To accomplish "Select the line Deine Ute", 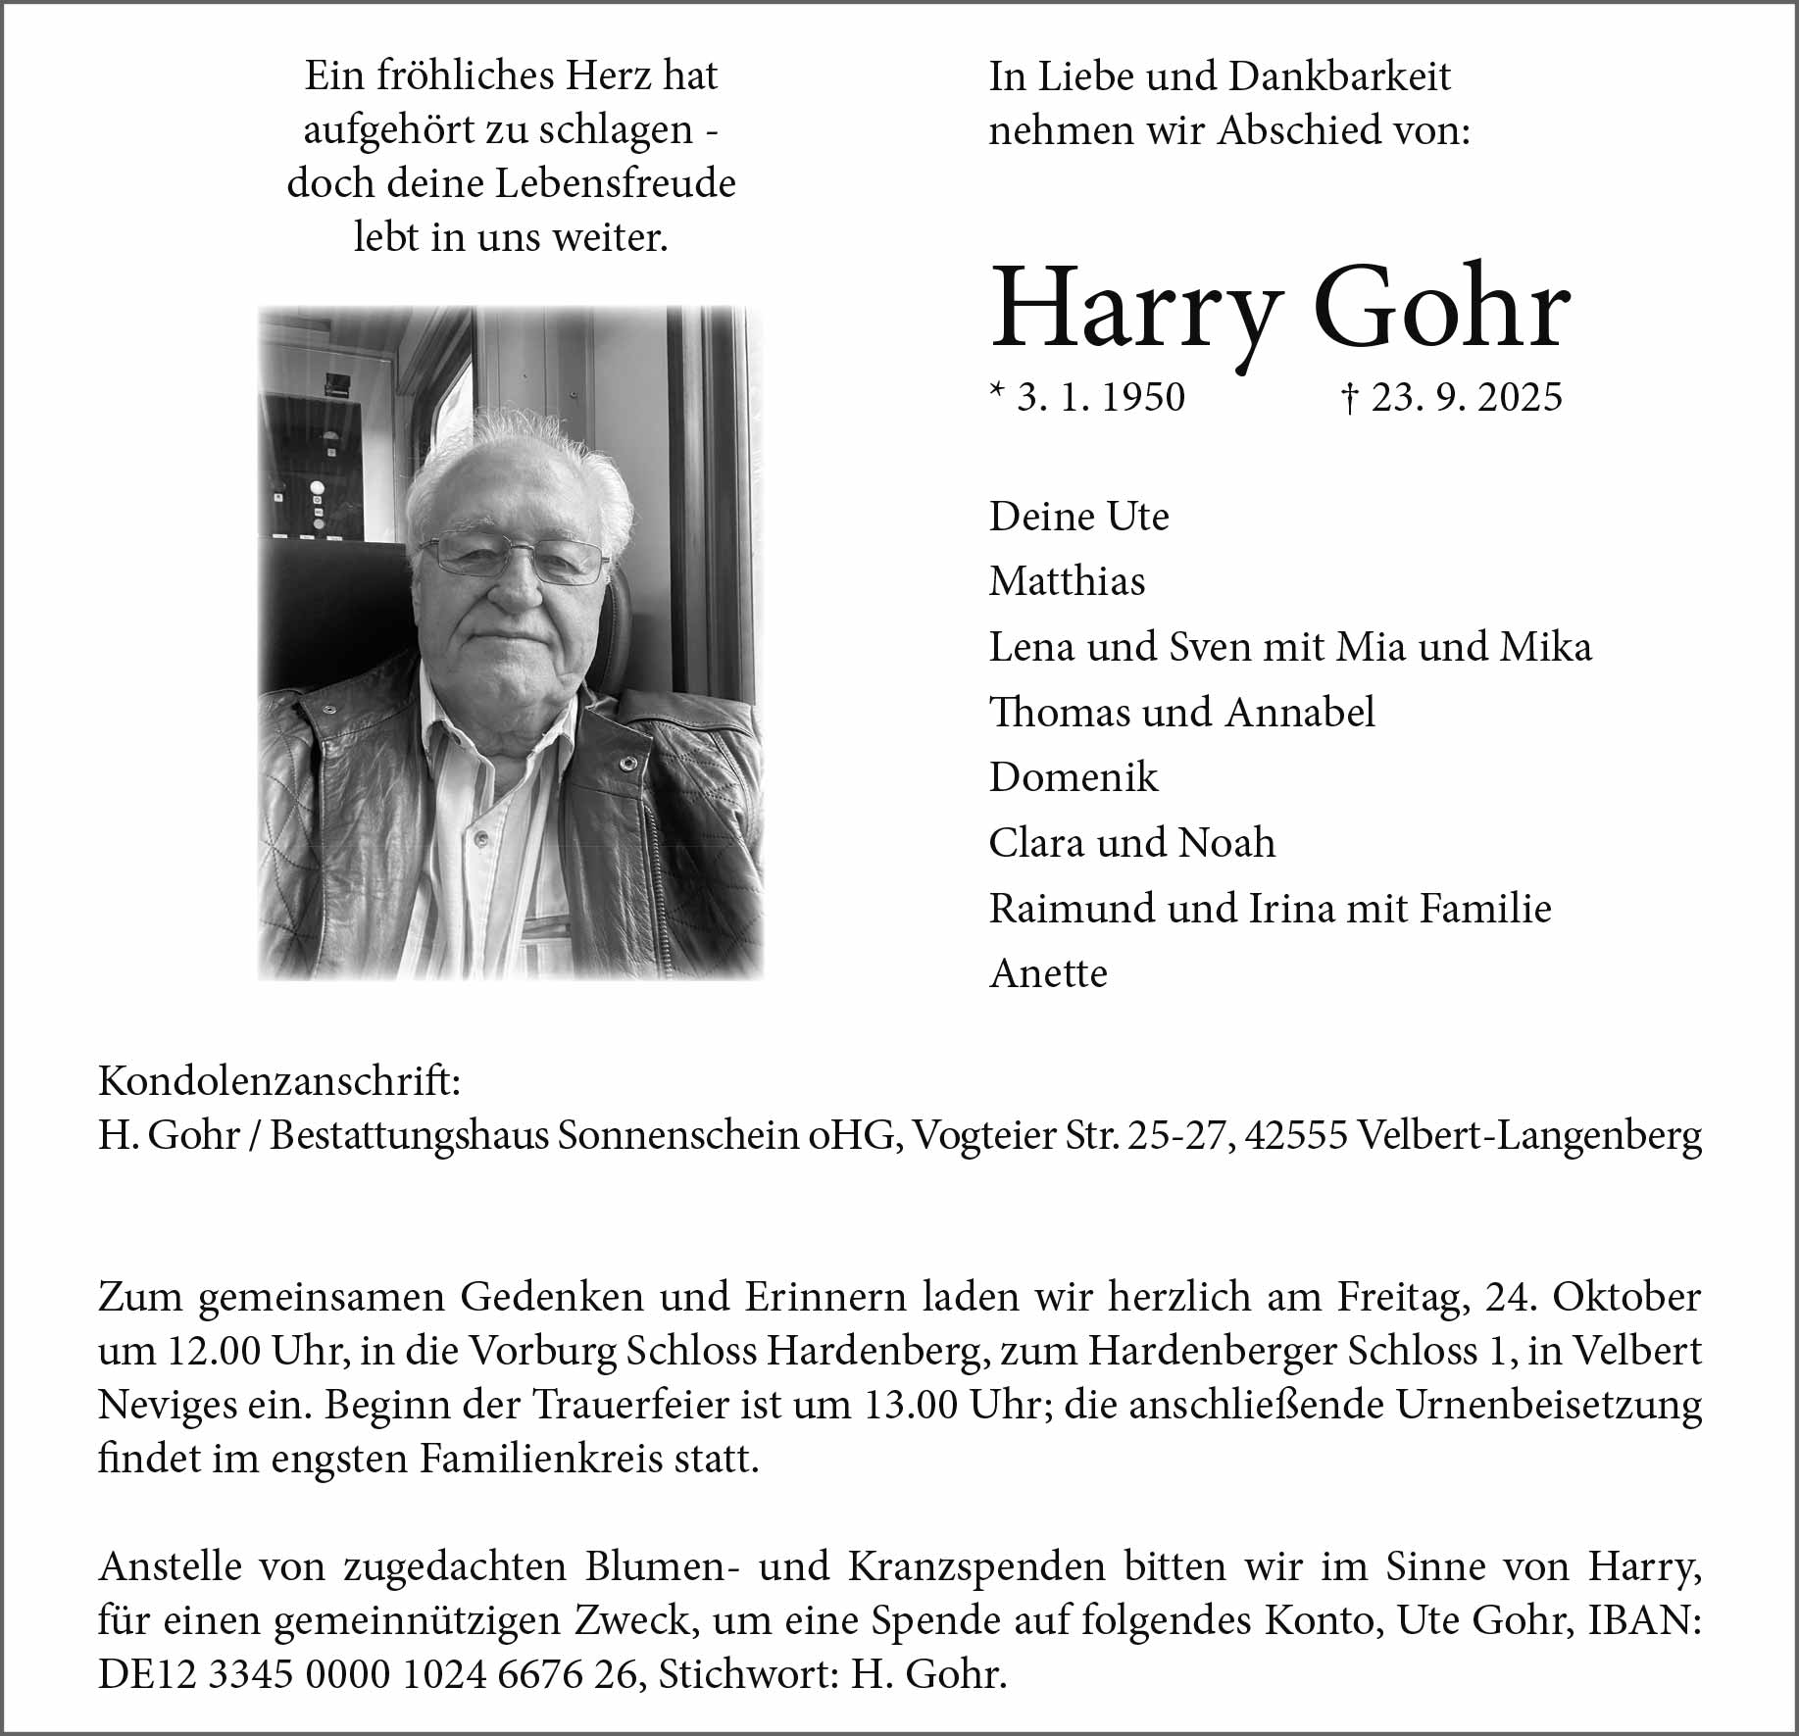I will [x=1078, y=517].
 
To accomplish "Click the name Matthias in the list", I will [x=1067, y=581].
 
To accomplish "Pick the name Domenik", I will [x=1074, y=777].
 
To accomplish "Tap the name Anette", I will [x=1048, y=973].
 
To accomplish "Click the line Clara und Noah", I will [x=1132, y=843].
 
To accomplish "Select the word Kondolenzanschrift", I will [x=278, y=1082].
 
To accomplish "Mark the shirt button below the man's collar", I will [x=481, y=838].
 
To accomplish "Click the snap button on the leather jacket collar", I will [x=625, y=762].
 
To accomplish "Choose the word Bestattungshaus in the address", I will [x=409, y=1135].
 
